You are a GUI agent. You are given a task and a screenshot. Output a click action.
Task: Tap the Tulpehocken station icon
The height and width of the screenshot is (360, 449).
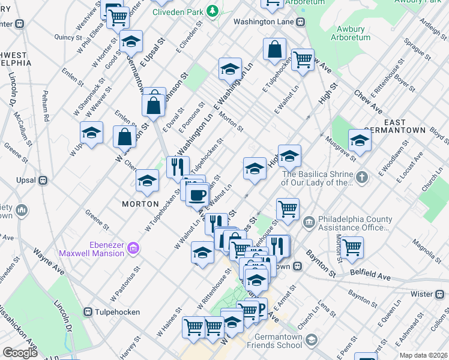tap(88, 312)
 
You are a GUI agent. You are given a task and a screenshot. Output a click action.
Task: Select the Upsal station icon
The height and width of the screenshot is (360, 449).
tap(43, 180)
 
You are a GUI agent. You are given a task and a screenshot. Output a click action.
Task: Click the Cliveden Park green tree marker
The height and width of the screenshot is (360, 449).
tap(211, 11)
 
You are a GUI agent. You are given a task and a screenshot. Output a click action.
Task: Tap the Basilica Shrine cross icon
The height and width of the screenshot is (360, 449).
tap(361, 177)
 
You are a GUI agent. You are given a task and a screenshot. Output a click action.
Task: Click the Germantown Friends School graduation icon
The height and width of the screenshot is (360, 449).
tap(311, 340)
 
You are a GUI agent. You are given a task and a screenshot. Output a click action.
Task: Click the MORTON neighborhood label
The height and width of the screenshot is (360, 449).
tap(140, 204)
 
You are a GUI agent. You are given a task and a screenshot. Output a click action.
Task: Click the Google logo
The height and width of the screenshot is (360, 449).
tap(20, 353)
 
